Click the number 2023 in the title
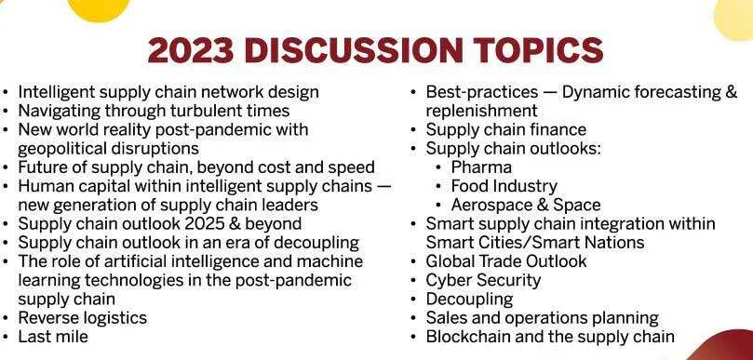pos(191,50)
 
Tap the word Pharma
pos(481,167)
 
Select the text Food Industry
pos(504,186)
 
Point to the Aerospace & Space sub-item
pos(526,205)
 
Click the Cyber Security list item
pos(483,280)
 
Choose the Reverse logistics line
pos(83,318)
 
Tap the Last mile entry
pos(53,337)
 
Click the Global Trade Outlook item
pos(506,261)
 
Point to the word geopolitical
pos(62,149)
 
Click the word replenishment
pos(481,111)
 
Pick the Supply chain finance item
pos(506,129)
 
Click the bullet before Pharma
pos(439,168)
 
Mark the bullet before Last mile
pos(6,337)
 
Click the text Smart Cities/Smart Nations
pos(535,243)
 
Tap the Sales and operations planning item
pos(543,318)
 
